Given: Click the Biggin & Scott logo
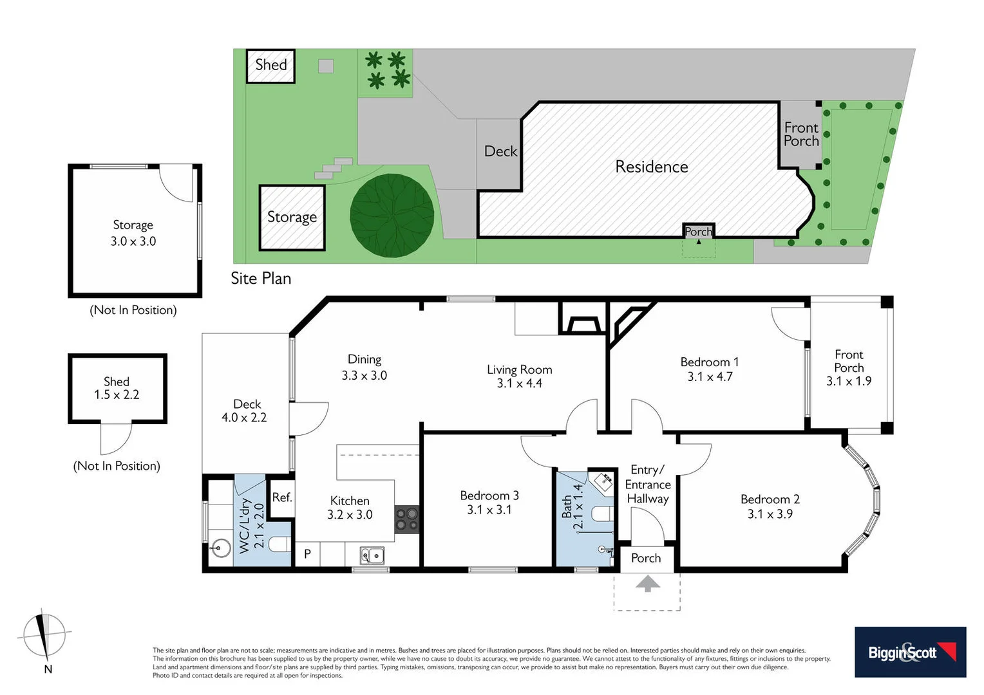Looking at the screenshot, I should [910, 652].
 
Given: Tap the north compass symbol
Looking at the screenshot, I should [44, 635].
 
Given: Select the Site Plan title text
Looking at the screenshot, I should [261, 278].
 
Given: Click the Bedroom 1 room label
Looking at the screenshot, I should [709, 362].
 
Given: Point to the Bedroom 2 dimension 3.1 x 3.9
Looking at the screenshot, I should [770, 514].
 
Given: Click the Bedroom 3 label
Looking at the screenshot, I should [489, 496].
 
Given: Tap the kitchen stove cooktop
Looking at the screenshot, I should [407, 519].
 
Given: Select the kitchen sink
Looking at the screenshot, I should [372, 554].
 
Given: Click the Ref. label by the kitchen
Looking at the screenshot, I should [282, 497].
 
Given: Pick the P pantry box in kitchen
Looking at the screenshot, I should [307, 553].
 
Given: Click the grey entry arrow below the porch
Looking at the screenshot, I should [647, 584].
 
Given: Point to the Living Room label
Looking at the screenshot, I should [519, 369].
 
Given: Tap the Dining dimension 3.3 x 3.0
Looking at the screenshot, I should [364, 375].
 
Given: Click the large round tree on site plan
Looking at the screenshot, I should [392, 216].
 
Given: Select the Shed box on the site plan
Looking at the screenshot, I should [270, 66].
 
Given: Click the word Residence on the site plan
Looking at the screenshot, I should [651, 167].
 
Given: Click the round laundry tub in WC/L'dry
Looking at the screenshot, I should [220, 549].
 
